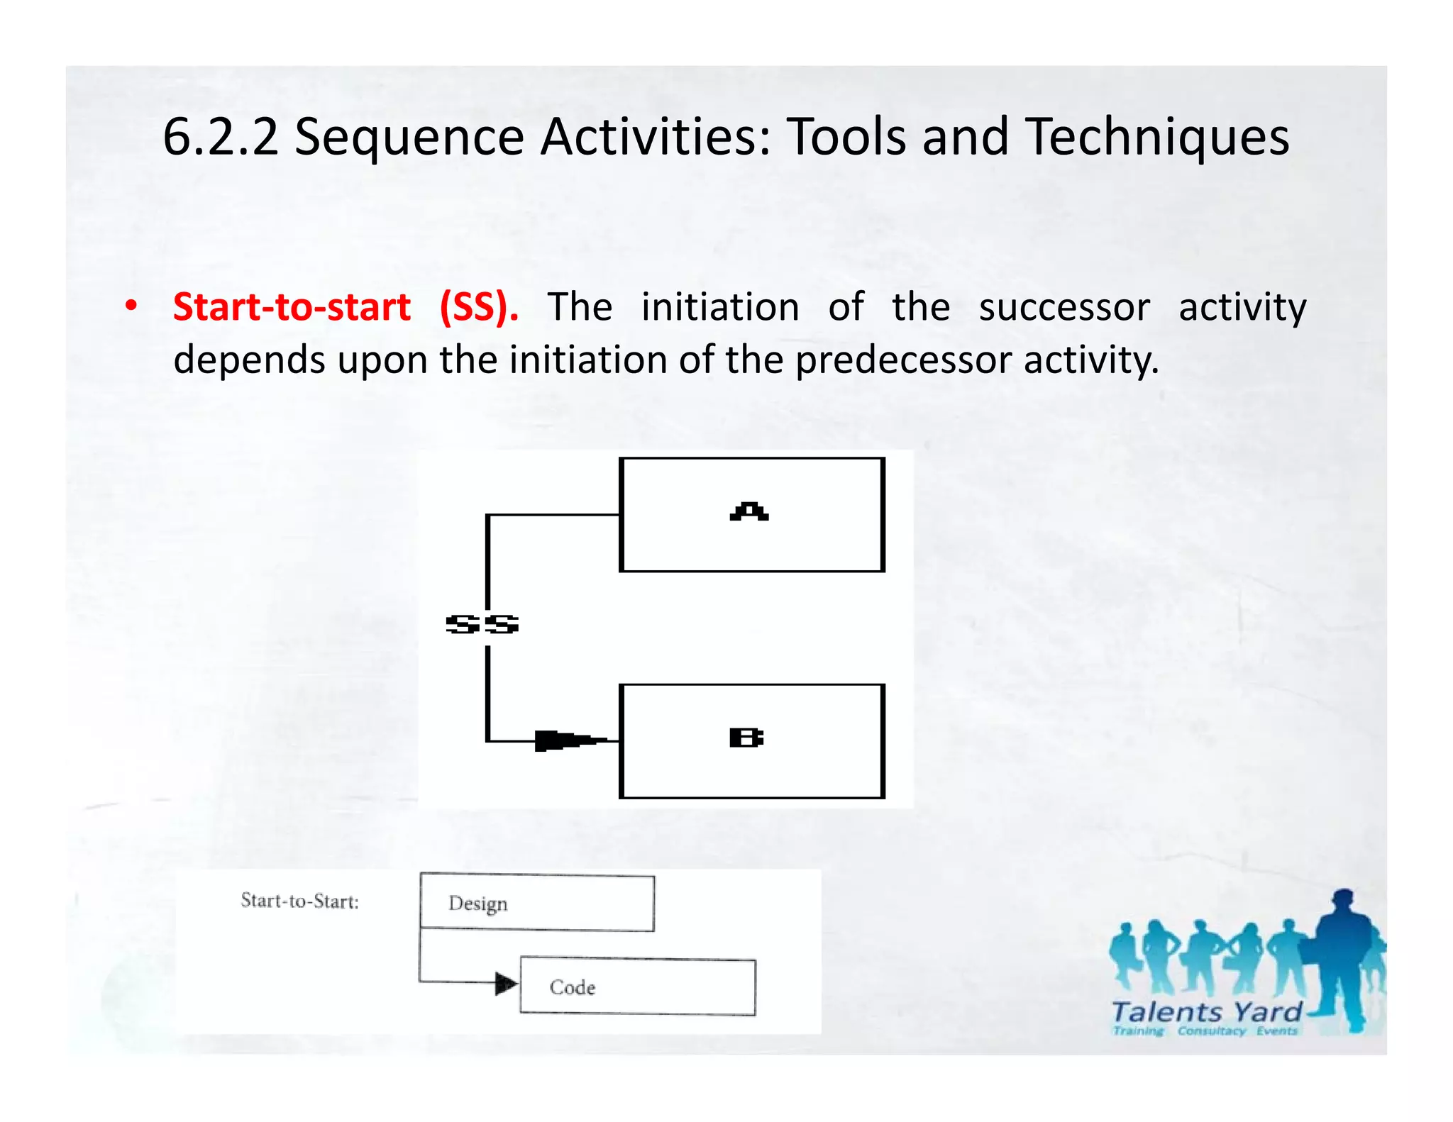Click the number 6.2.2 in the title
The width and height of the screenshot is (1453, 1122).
coord(221,136)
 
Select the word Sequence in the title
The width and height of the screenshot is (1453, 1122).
coord(409,136)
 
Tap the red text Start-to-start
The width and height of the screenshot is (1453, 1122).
coord(292,307)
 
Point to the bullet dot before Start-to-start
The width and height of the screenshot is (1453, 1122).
coord(131,306)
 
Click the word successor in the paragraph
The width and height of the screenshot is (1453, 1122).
coord(1063,307)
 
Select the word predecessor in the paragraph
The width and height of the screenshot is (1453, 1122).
coord(904,360)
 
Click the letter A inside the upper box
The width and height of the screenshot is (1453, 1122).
coord(749,511)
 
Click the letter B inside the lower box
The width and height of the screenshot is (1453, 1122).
coord(746,738)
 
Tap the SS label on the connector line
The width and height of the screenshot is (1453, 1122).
coord(482,624)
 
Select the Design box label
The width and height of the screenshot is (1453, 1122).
coord(477,903)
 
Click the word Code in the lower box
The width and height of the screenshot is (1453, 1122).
coord(572,987)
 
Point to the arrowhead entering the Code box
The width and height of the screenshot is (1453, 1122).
coord(506,984)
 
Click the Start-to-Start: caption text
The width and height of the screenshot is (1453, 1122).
coord(299,901)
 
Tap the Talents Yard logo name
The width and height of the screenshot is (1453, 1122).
coord(1206,1011)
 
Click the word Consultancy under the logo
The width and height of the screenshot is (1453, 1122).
coord(1211,1031)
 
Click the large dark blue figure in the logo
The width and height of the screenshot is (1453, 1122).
coord(1342,950)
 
